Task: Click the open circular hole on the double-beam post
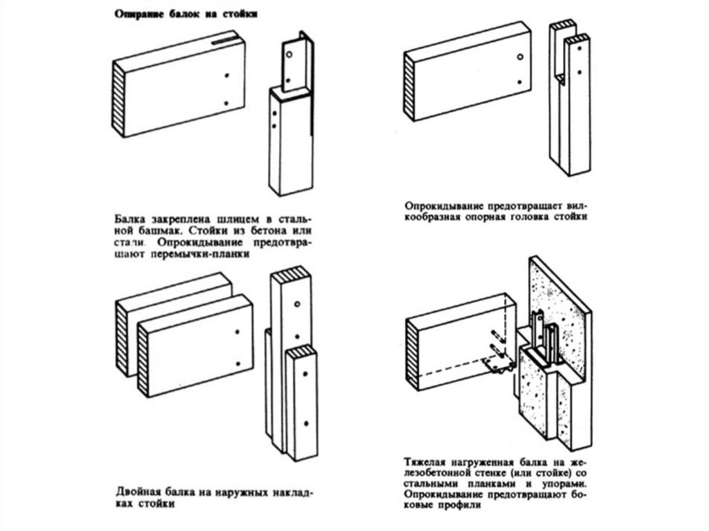[296, 305]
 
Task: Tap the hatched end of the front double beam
[143, 360]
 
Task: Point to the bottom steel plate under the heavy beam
[497, 366]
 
